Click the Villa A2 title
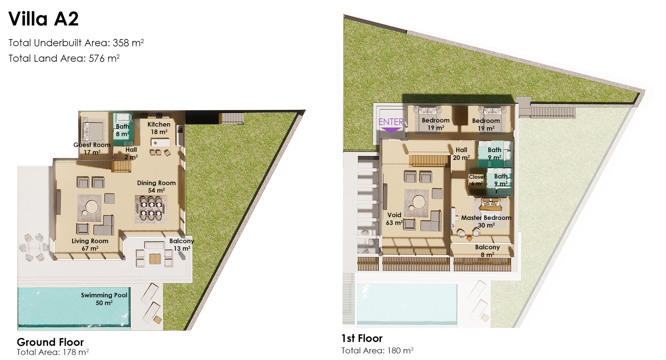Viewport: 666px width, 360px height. (x=44, y=19)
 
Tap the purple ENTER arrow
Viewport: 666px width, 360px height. (x=391, y=130)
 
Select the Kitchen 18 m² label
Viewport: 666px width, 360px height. (x=159, y=128)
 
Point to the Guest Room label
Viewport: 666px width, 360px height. (x=92, y=145)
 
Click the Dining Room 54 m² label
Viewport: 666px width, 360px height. (x=156, y=186)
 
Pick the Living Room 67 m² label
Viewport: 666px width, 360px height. (x=90, y=245)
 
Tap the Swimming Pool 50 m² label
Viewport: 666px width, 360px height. (x=104, y=299)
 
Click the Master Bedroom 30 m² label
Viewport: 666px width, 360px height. (x=486, y=221)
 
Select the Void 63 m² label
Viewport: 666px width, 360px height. (x=394, y=219)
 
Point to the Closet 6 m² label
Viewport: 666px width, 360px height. (x=477, y=180)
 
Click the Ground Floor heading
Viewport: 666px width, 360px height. (x=50, y=342)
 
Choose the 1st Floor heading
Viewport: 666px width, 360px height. (x=362, y=338)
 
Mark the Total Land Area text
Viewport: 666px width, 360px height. (x=64, y=58)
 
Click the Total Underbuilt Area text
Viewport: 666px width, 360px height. (x=76, y=43)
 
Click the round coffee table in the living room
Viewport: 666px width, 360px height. (x=91, y=206)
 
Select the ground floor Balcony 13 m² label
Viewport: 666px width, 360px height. (x=182, y=245)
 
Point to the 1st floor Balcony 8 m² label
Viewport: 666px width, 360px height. (x=487, y=251)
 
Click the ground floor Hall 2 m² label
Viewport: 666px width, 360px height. (x=131, y=153)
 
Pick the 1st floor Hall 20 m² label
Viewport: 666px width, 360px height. (x=461, y=154)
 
